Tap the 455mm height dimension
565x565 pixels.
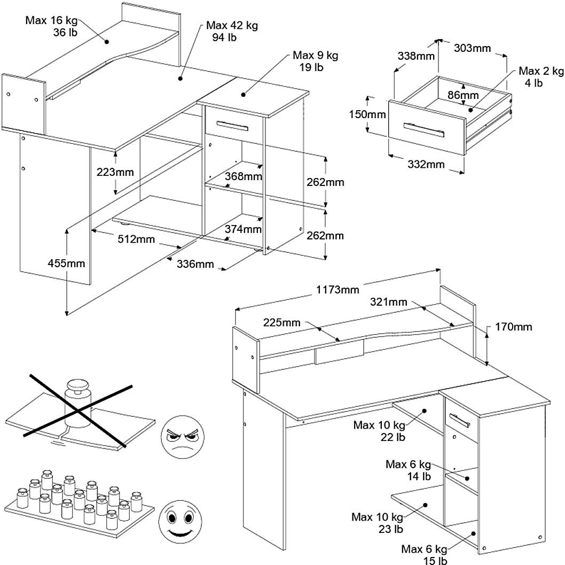point(67,262)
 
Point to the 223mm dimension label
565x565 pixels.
point(115,172)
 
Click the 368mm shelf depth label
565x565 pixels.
point(244,176)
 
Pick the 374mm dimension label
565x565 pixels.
point(244,229)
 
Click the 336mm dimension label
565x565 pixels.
point(195,264)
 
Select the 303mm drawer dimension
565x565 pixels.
point(473,48)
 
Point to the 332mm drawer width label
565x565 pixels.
point(426,164)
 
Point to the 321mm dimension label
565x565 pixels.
point(389,302)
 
